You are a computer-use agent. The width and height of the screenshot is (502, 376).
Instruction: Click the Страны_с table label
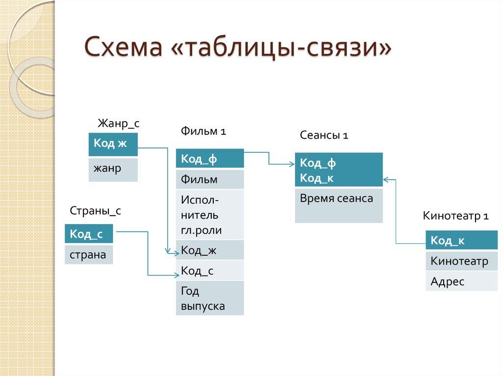(x=95, y=211)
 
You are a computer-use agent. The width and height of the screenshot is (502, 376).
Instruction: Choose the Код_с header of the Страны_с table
(x=89, y=234)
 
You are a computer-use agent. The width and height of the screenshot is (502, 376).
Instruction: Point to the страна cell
(x=89, y=254)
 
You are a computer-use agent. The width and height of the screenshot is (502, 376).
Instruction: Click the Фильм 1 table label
(x=203, y=131)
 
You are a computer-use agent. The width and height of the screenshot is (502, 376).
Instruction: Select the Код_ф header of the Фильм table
(x=210, y=159)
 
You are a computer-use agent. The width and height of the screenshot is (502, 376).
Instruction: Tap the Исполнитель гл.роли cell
(x=210, y=215)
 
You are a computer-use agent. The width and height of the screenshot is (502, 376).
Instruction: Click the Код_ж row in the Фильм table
(x=210, y=250)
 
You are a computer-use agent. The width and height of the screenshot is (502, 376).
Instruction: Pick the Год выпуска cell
(x=210, y=298)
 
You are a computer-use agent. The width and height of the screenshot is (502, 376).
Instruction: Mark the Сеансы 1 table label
(x=324, y=136)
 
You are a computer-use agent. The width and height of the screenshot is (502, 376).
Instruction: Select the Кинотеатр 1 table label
(x=455, y=216)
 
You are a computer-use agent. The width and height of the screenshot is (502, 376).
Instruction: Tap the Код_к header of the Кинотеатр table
(x=454, y=240)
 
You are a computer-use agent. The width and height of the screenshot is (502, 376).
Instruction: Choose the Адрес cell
(x=454, y=282)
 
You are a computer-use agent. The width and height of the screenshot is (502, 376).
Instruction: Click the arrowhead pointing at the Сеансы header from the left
(x=292, y=164)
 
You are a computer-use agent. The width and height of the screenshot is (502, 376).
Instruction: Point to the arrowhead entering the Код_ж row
(x=177, y=253)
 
